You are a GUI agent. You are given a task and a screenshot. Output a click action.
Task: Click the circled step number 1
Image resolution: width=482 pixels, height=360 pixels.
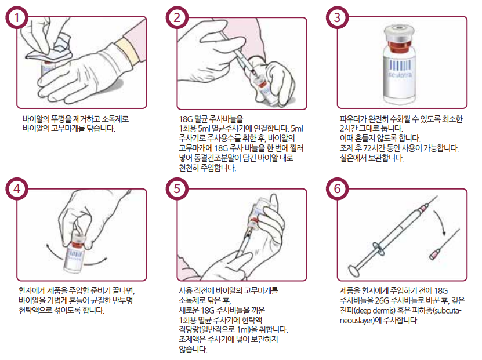(17, 17)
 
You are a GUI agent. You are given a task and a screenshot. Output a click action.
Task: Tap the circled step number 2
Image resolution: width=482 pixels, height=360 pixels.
(177, 17)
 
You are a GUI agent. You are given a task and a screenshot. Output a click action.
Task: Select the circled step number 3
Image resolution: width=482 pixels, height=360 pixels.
(337, 17)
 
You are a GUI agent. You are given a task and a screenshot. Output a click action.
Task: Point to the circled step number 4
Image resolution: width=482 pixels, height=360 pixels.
(17, 188)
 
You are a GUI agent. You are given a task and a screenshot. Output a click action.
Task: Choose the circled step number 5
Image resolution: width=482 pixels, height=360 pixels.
(177, 188)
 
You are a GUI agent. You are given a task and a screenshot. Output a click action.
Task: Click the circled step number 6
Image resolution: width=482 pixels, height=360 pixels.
(337, 188)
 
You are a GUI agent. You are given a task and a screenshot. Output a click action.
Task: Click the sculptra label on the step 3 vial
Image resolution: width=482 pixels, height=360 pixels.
(400, 75)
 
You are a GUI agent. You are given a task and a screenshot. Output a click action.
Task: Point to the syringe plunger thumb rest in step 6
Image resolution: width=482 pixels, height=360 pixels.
(354, 270)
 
